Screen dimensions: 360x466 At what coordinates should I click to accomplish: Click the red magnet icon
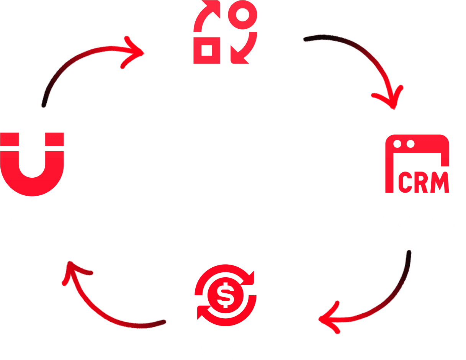coord(32,169)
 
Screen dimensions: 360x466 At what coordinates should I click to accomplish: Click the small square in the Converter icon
coord(207,51)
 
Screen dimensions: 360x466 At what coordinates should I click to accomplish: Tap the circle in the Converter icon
coord(242,15)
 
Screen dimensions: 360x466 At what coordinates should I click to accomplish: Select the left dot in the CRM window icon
coord(397,144)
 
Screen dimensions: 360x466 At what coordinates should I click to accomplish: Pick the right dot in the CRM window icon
coord(410,144)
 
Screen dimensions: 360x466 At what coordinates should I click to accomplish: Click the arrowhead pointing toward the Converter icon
coord(136,53)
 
